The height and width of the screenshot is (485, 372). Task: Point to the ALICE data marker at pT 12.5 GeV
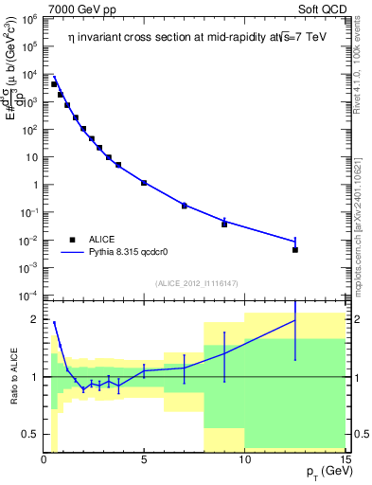[295, 250]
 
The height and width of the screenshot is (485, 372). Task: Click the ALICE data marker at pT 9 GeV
[224, 225]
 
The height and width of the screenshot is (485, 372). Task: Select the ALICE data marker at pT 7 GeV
[185, 206]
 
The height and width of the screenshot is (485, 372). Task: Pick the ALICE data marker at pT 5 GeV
[144, 182]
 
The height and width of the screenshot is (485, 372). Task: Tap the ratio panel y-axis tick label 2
[33, 320]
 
